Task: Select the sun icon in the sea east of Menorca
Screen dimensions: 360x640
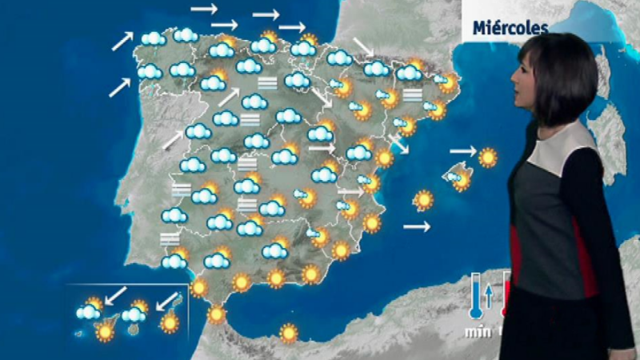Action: (487, 157)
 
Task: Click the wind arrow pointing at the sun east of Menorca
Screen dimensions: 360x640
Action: (462, 150)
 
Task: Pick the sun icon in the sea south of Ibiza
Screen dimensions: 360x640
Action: (423, 200)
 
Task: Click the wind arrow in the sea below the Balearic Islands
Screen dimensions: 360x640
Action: (416, 227)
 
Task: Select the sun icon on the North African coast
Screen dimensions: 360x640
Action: (288, 332)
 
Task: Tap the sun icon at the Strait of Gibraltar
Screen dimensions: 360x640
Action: (216, 314)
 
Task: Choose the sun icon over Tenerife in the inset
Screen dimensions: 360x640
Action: (105, 330)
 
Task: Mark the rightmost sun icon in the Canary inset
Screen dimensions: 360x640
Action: (170, 323)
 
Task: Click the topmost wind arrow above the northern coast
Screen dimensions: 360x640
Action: (204, 10)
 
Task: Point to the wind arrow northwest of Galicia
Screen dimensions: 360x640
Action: (122, 41)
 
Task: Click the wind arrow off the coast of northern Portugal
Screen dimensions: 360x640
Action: (120, 86)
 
